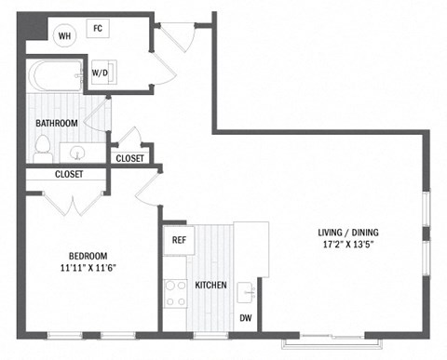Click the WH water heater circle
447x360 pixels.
(64, 36)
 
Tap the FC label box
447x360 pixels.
(98, 29)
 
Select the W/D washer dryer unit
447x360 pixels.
(101, 73)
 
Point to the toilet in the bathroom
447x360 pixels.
(43, 146)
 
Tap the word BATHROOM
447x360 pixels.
(57, 123)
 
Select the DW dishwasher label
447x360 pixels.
(246, 319)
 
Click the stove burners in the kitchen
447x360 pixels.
(175, 294)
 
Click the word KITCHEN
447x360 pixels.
(210, 285)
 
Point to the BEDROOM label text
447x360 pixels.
(88, 256)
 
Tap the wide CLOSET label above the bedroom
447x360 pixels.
(68, 174)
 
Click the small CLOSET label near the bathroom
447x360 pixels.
(130, 158)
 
